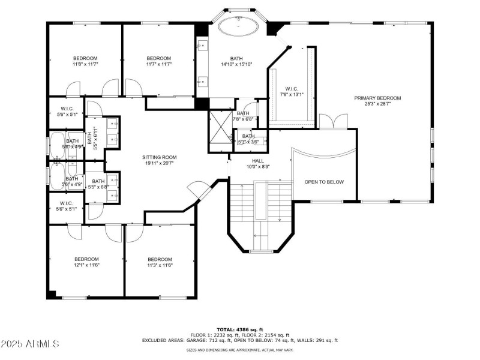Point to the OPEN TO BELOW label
(x=324, y=182)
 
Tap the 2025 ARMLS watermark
(x=30, y=344)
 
